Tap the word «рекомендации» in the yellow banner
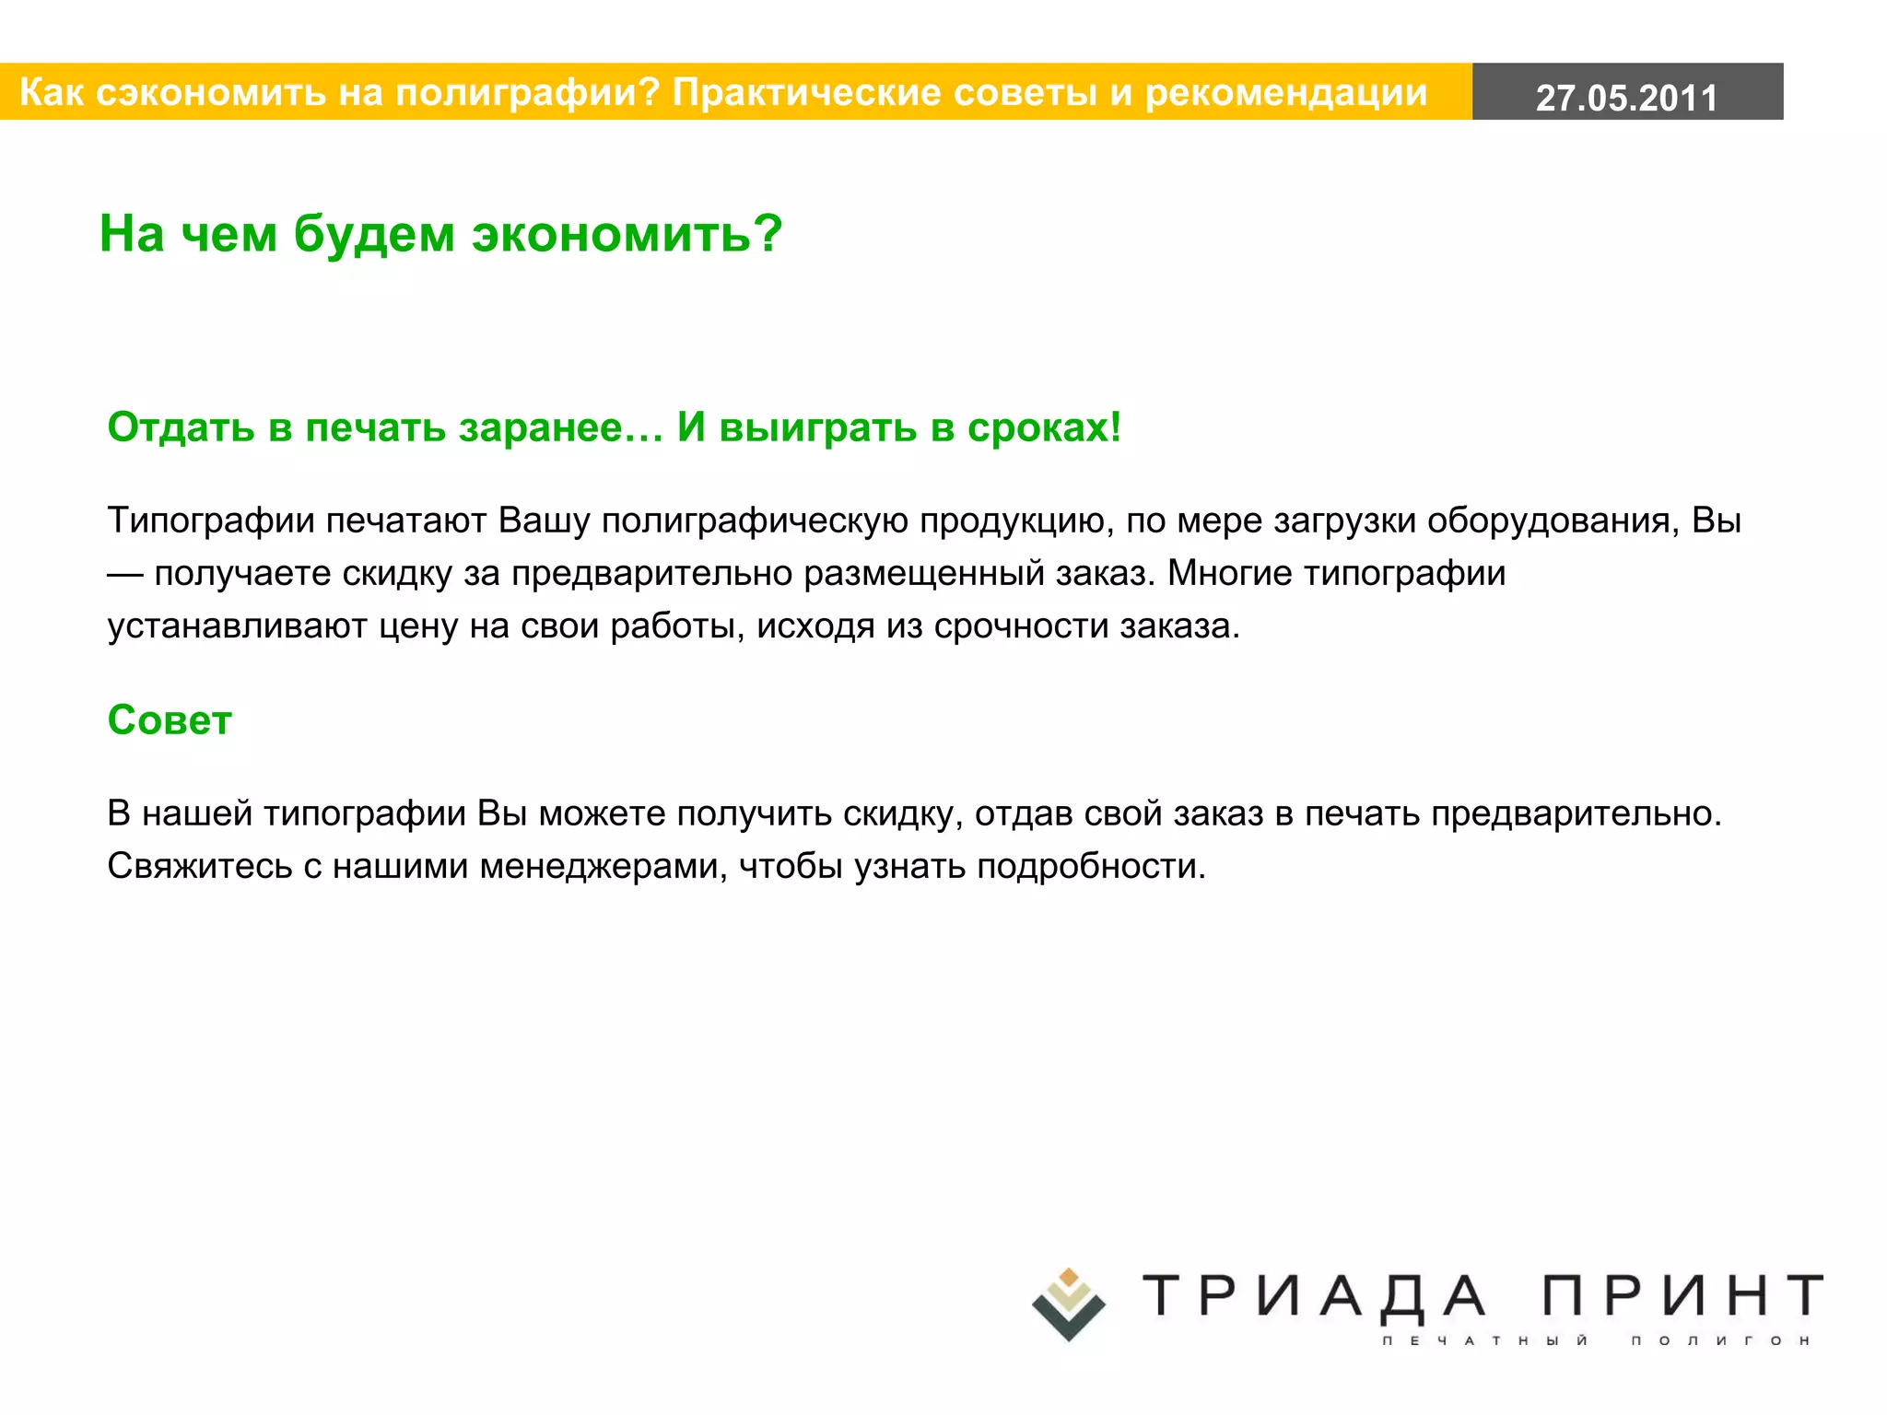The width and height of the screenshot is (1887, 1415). tap(1285, 93)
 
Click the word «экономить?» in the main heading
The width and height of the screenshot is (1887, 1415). tap(627, 234)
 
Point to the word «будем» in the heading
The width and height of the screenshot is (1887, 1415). tap(374, 234)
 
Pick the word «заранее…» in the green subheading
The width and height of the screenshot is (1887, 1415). tap(561, 427)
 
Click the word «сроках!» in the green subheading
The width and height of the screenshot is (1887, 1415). tap(1044, 427)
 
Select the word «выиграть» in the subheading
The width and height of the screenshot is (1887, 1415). tap(817, 427)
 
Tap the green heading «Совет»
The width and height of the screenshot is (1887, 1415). tap(170, 720)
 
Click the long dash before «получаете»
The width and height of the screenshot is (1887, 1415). tap(125, 574)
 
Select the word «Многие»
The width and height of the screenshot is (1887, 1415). tap(1229, 574)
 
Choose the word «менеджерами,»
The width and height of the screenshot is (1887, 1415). tap(604, 867)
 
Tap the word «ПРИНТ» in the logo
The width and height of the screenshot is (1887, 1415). tap(1682, 1296)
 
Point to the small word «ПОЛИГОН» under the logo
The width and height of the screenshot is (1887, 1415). tap(1720, 1340)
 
